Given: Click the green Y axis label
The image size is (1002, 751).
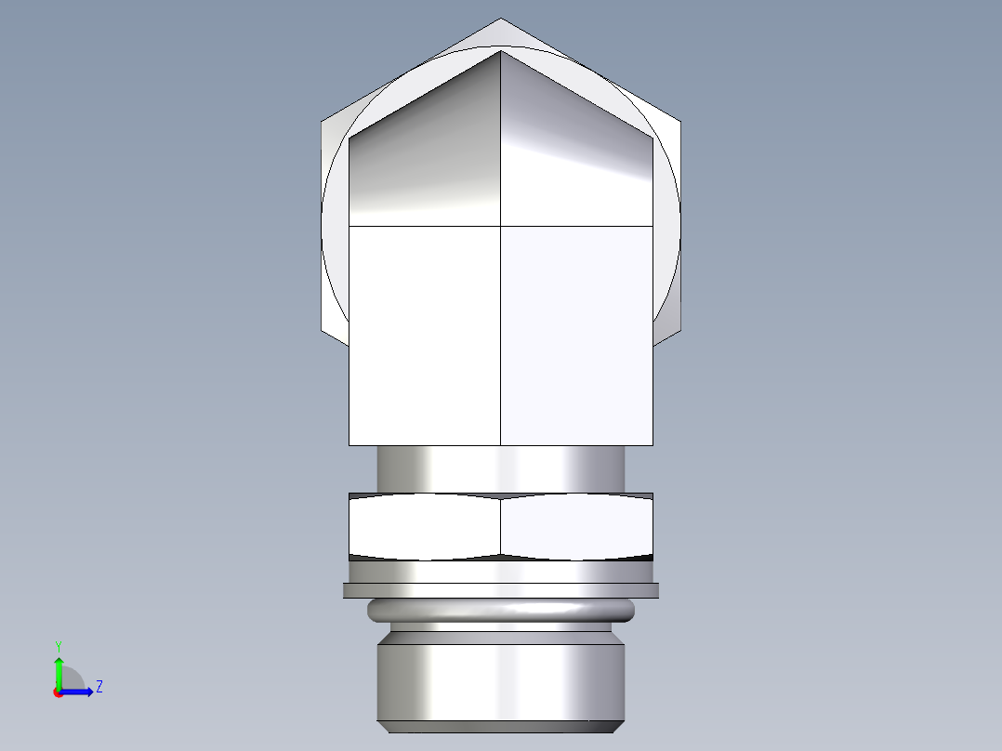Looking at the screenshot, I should [58, 645].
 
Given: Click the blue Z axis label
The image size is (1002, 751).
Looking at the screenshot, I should [99, 687].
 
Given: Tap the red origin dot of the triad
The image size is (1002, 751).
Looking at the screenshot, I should [58, 692].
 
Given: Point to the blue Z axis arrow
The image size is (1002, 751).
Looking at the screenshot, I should [82, 692].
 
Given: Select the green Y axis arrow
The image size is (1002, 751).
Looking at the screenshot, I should [58, 669].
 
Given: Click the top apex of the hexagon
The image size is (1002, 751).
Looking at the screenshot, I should [501, 20].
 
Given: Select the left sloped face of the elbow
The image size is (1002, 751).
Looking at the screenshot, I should [423, 149].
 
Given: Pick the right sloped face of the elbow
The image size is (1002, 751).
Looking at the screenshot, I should [576, 149].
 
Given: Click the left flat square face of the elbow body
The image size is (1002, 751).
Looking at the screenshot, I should [424, 335].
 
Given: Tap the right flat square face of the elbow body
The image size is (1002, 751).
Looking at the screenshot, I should [576, 335].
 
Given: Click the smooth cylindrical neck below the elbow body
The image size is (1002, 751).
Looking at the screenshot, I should [501, 468].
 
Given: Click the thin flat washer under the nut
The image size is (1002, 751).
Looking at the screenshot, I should [501, 590].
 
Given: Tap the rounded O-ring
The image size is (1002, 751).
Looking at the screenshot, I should [501, 611].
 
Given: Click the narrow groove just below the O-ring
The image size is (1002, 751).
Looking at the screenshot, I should [501, 626].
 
